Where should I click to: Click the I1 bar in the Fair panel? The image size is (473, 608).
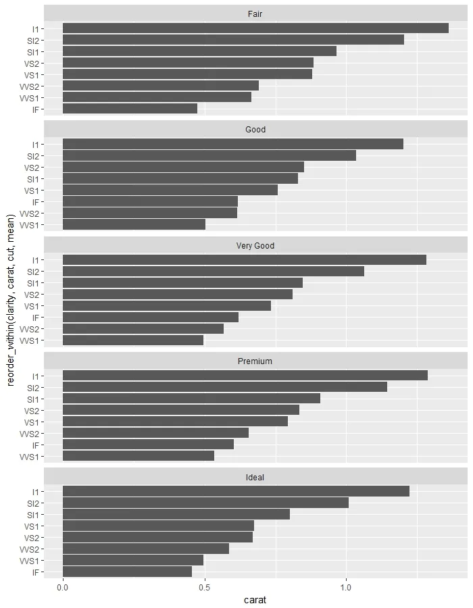point(255,28)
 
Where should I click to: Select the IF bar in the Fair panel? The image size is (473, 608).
point(130,109)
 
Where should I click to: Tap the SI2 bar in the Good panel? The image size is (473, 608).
point(209,156)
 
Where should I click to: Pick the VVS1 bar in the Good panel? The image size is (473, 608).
point(134,225)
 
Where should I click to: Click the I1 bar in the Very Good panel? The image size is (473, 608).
point(245,260)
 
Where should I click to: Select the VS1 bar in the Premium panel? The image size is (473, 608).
point(175,422)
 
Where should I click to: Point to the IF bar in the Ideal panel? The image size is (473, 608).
point(127,572)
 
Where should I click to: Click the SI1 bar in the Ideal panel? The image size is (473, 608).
point(176,515)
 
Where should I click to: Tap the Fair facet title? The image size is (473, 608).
point(255,14)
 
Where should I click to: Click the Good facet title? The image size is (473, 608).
point(255,130)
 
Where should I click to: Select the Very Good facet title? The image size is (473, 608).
point(255,246)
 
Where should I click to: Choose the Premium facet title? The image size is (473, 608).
point(255,361)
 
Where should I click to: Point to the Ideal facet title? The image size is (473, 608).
point(255,478)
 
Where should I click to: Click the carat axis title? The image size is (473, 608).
point(255,599)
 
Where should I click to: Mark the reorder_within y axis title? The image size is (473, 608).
point(10,301)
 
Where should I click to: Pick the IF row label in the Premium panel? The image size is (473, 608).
point(38,445)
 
